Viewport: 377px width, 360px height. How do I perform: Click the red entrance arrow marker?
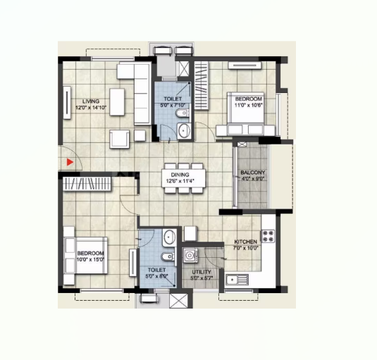tap(70, 162)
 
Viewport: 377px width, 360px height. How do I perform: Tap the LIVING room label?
tap(91, 101)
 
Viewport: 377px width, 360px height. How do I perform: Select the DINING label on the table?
tap(180, 175)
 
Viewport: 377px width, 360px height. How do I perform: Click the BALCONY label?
tap(253, 173)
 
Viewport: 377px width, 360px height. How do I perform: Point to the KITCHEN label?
tap(245, 242)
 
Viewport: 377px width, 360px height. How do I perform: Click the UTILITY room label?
tap(202, 272)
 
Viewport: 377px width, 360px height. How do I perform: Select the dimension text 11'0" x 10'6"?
tap(249, 105)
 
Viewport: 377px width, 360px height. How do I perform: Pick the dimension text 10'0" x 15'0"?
tap(90, 259)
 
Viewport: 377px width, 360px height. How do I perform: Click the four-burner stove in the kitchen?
tap(268, 236)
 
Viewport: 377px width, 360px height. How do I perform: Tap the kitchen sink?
tap(237, 280)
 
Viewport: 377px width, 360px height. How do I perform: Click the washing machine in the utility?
tap(191, 256)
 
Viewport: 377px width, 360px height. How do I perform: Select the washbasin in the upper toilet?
tap(184, 130)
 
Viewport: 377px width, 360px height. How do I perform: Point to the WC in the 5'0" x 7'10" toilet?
tap(183, 113)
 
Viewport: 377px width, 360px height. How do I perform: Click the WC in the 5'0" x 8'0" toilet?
tap(168, 256)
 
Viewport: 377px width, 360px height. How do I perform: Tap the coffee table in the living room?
tap(117, 102)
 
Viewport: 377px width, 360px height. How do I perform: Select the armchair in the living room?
tap(120, 139)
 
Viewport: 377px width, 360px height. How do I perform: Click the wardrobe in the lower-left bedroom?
tap(87, 184)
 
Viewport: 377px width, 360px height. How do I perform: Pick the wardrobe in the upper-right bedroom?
tap(202, 85)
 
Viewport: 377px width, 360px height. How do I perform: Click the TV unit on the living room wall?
tap(67, 103)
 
